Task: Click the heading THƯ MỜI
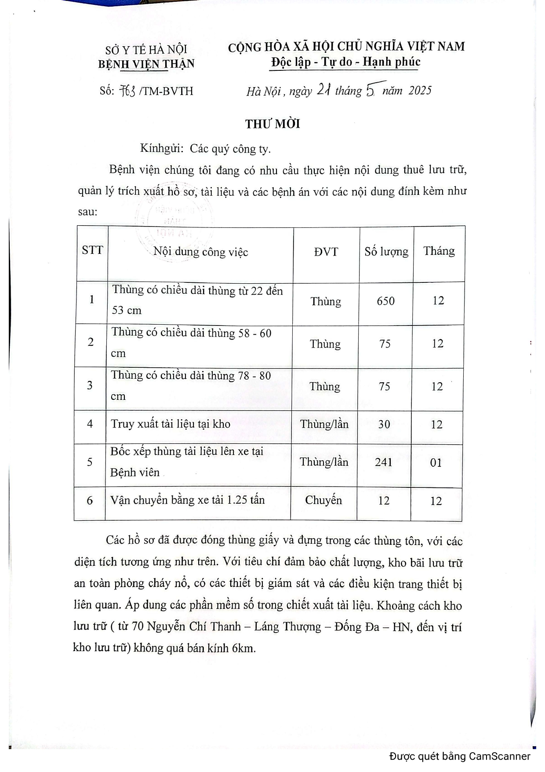pos(272,124)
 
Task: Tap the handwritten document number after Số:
pos(127,91)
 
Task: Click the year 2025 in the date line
pos(420,91)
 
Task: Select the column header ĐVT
pos(326,252)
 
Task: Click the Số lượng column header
pos(386,252)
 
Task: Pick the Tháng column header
pos(439,251)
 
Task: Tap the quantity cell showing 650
pos(385,301)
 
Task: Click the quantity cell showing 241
pos(383,462)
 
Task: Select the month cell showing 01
pos(436,463)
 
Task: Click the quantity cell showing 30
pos(384,424)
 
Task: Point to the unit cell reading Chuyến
pos(323,501)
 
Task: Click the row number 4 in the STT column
pos(90,424)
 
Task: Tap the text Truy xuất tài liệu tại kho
pos(171,424)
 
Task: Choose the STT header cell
pos(92,251)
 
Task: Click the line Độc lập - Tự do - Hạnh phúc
pos(345,62)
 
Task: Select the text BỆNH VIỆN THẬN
pos(146,64)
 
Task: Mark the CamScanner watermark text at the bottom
pos(460,757)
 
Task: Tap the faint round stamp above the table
pos(174,224)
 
